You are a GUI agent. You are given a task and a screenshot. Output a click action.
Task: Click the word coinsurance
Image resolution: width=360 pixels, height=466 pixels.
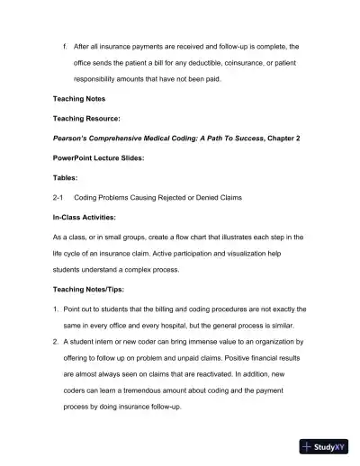(258, 64)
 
